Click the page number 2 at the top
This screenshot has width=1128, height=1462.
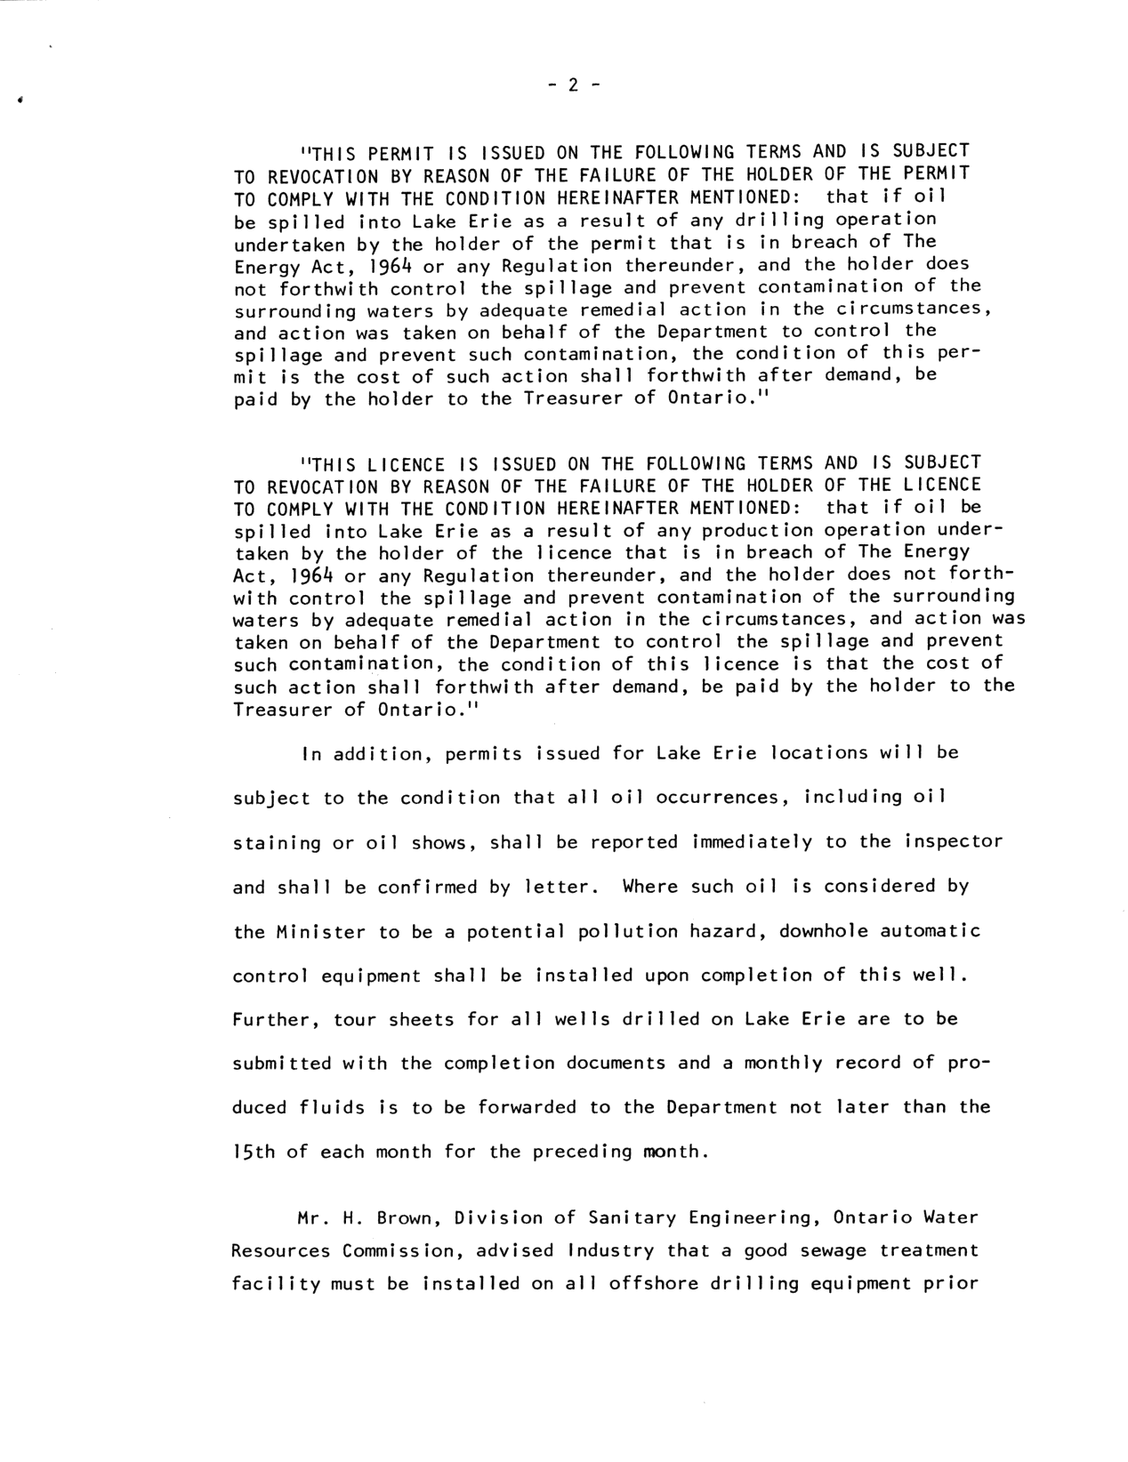coord(573,85)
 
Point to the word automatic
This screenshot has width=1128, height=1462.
coord(931,931)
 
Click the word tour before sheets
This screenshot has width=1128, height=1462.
coord(355,1019)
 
